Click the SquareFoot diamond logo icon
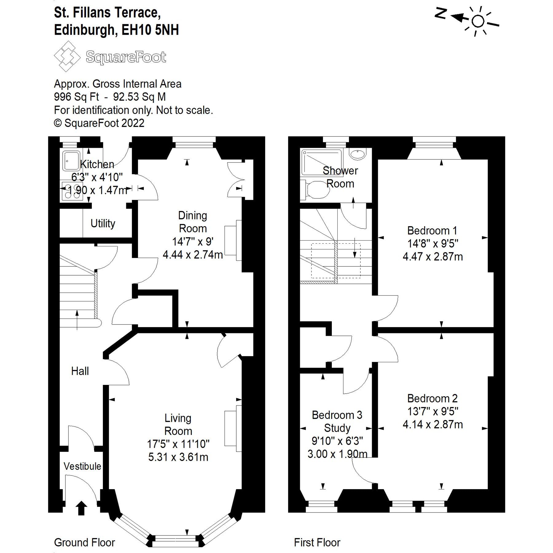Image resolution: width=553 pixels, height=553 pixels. pos(67,57)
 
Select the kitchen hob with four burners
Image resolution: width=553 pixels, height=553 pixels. pos(72,191)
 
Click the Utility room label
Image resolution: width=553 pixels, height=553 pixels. pos(103,223)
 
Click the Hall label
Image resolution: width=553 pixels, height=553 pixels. pos(80,371)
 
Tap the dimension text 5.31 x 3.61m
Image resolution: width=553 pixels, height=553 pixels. pos(178,457)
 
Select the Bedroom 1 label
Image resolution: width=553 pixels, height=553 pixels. pos(432,230)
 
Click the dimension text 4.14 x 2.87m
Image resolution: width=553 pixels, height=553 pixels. pos(433,425)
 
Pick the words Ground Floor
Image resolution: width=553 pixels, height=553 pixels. pos(84,543)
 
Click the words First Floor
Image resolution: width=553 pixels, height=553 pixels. pos(317,543)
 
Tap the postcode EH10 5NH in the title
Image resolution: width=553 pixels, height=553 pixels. pos(150,30)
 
